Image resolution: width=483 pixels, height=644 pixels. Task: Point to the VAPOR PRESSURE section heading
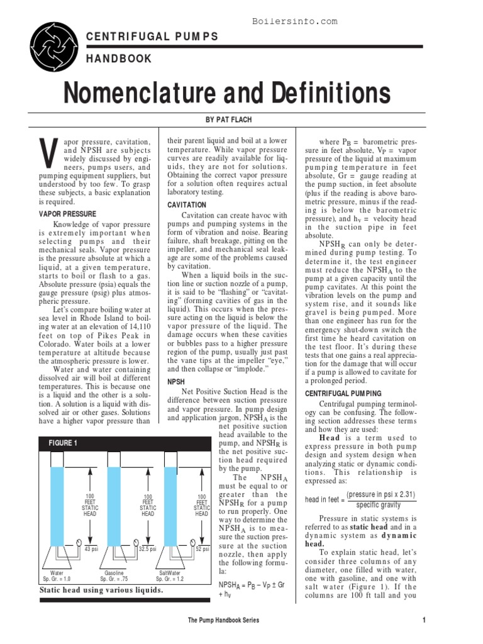coord(67,214)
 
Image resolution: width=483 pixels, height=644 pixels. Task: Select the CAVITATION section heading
coord(187,205)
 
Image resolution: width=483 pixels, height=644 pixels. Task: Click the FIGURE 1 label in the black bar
coord(63,443)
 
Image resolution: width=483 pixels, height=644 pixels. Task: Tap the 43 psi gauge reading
coord(91,549)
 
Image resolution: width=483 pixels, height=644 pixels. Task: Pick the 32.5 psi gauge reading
coord(147,549)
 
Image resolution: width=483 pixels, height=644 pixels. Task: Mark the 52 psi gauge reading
coord(202,549)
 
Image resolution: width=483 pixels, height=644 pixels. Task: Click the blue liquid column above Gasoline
coord(114,503)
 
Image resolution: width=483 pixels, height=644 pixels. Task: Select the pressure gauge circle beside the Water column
coord(77,541)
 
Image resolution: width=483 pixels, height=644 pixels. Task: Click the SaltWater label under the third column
coord(169,574)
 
